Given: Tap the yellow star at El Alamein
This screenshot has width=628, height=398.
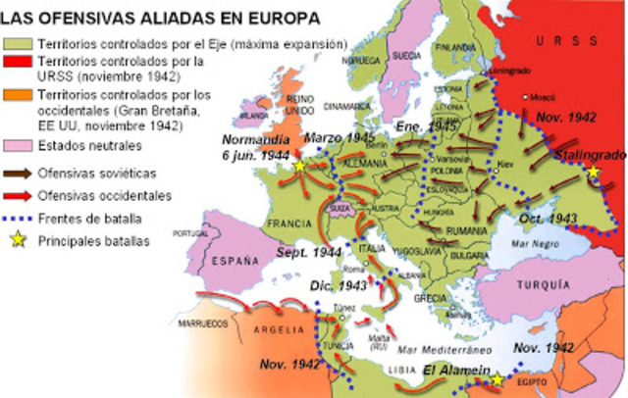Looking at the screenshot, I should pos(497,380).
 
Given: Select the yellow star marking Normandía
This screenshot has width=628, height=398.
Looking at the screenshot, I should pos(298,167).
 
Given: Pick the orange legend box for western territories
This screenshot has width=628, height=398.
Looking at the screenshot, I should pos(18,96).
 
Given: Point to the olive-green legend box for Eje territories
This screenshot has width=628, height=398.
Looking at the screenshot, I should pos(18,44).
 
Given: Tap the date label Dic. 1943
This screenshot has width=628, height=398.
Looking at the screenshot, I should pos(334,286).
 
